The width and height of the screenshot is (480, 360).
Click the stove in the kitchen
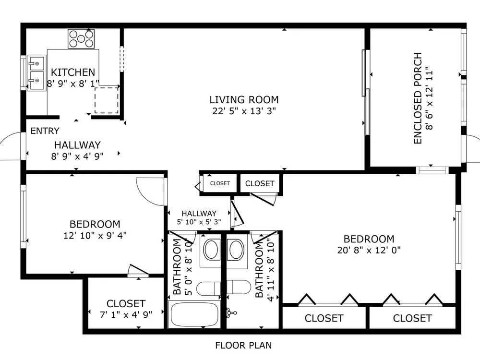[x=81, y=39]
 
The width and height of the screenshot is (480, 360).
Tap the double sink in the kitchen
[x=37, y=73]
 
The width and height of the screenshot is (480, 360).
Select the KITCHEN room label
[x=73, y=72]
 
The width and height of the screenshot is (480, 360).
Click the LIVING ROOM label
[x=244, y=100]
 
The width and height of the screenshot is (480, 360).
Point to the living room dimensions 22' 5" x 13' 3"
[x=244, y=111]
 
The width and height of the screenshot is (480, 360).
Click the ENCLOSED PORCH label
[x=418, y=98]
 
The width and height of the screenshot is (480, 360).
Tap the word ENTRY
[x=45, y=131]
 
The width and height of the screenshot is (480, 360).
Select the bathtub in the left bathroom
[x=194, y=314]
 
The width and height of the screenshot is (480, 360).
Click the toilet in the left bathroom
[x=208, y=288]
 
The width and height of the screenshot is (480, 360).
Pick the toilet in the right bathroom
[x=239, y=287]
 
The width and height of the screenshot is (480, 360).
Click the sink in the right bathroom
[x=236, y=251]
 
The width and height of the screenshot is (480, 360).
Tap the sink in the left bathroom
[x=211, y=250]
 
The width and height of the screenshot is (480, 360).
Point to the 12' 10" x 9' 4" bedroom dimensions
[x=95, y=235]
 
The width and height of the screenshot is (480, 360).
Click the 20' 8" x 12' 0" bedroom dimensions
[x=369, y=250]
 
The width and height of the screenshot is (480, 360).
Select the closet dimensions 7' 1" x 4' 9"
[x=126, y=314]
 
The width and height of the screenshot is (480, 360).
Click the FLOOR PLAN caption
[x=243, y=345]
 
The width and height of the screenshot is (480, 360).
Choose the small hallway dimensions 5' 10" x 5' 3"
[x=199, y=222]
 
